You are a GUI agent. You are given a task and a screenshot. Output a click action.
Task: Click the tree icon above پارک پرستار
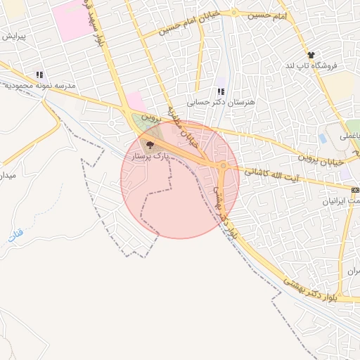149,145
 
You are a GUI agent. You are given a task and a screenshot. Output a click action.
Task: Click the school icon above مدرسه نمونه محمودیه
40,75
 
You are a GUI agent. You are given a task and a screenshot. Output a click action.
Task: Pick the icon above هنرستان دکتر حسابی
221,91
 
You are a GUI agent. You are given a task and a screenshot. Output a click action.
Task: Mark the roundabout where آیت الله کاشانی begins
224,167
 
